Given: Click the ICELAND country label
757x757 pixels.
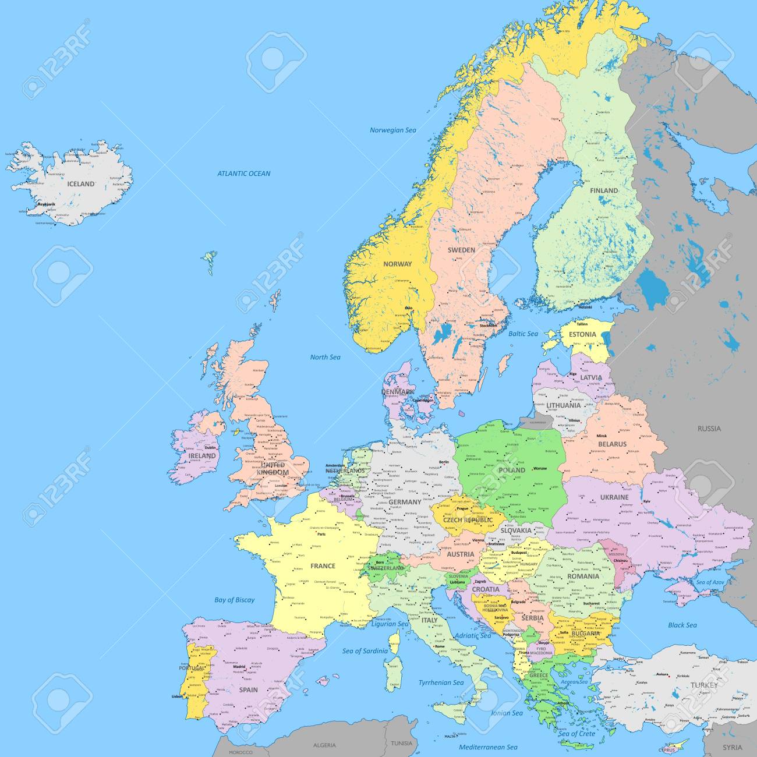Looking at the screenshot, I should [x=81, y=184].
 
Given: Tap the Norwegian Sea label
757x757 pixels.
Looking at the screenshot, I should [x=393, y=130].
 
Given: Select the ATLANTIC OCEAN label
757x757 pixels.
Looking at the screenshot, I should [x=243, y=174].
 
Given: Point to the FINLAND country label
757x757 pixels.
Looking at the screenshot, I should [x=603, y=190].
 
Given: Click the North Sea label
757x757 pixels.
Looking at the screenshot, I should [x=325, y=357].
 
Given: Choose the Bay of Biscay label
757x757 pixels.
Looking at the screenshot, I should [x=234, y=600].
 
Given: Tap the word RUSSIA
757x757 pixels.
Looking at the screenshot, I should [x=709, y=429].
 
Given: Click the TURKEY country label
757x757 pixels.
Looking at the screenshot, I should [x=704, y=685].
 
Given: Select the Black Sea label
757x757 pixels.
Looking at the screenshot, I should [x=682, y=625].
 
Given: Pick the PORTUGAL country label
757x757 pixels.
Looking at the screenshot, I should [x=193, y=668].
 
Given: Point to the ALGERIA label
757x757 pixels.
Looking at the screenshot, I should [x=324, y=745].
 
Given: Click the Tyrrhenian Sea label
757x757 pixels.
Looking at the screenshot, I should [x=441, y=682].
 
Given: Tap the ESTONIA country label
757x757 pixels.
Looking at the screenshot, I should [x=582, y=334].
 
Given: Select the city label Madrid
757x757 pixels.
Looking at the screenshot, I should [x=240, y=667].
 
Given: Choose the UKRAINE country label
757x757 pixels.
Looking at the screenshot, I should [x=614, y=497].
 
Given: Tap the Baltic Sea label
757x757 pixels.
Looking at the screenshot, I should [x=523, y=334].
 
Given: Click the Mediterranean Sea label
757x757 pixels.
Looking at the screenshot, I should [x=488, y=747].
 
